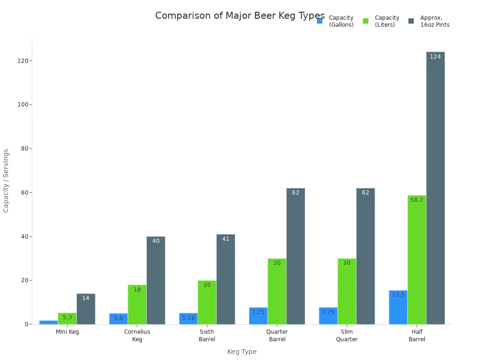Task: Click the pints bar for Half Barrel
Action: [435, 187]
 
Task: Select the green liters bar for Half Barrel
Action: [417, 260]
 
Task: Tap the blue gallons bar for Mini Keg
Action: [49, 322]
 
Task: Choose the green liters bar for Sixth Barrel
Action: [207, 302]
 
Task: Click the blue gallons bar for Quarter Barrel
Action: [258, 316]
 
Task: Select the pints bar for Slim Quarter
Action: [365, 256]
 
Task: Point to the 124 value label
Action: [435, 57]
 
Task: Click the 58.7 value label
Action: [417, 200]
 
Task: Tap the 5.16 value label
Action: [188, 318]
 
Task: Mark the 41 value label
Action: [225, 239]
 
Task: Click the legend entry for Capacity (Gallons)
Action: [336, 21]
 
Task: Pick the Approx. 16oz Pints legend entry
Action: [429, 21]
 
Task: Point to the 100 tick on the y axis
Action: [22, 105]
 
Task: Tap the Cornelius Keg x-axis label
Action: [137, 336]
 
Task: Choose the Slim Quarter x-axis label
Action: [347, 336]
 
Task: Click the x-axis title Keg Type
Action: [242, 352]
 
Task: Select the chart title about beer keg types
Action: [240, 15]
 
